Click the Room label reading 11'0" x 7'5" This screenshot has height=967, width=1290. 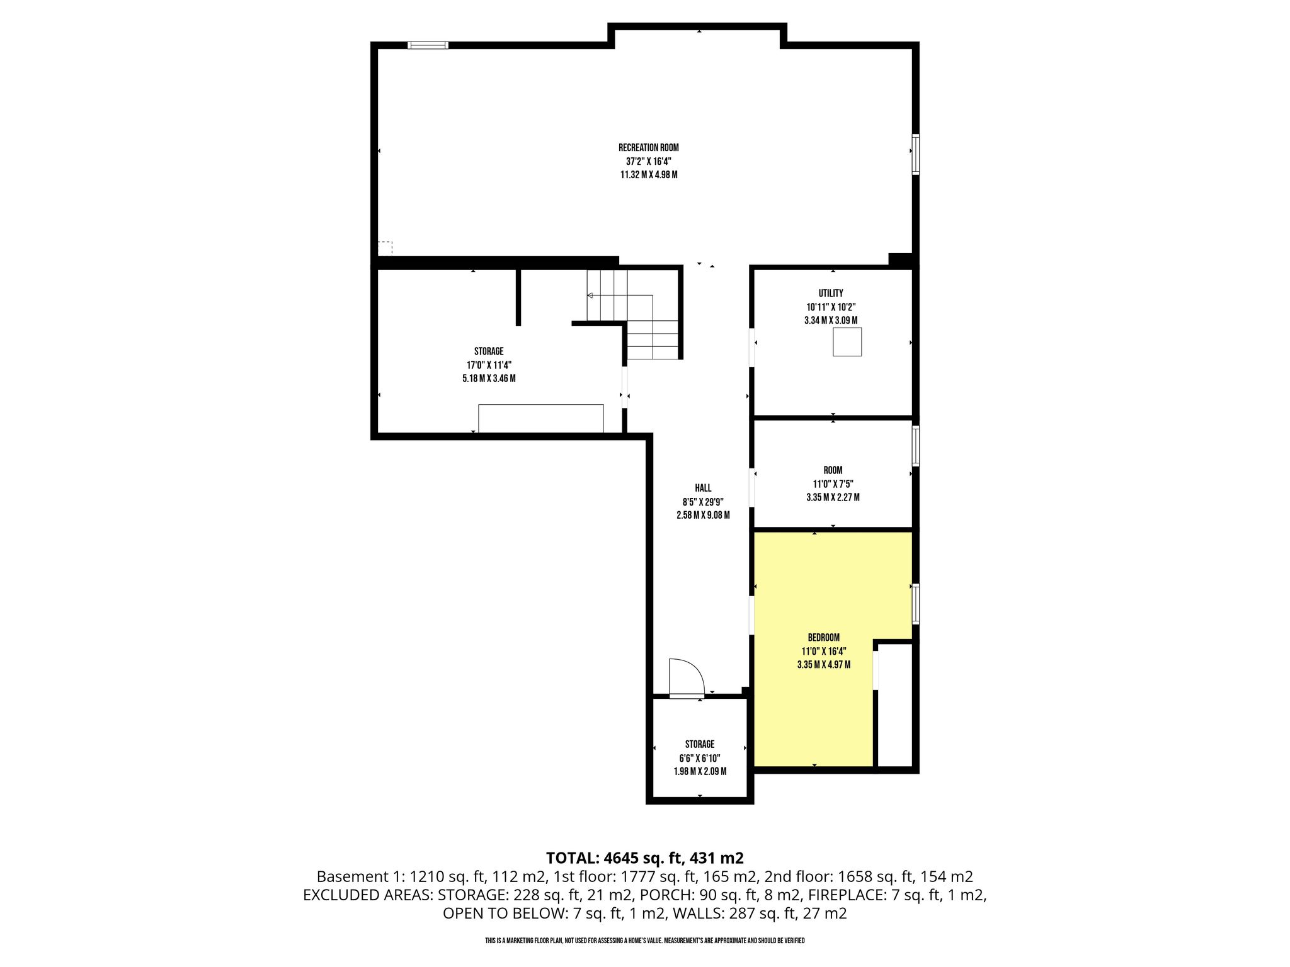833,483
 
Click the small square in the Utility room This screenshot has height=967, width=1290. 847,342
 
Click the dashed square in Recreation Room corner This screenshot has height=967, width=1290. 385,248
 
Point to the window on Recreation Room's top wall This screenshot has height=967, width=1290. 428,45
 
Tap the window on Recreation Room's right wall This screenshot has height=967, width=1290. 915,154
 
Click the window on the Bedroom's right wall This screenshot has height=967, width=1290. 915,604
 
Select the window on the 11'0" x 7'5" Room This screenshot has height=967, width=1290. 915,446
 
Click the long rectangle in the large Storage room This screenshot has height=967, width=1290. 541,418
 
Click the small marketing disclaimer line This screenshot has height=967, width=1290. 645,941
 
